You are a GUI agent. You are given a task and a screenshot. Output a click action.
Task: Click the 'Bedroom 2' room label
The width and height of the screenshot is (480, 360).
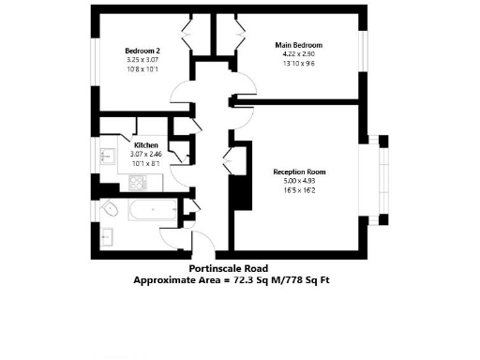pyautogui.click(x=142, y=52)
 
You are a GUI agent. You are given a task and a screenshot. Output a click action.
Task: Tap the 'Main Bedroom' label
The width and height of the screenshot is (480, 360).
pyautogui.click(x=298, y=45)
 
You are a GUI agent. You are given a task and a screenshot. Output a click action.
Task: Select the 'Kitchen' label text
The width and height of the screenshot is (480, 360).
pyautogui.click(x=145, y=145)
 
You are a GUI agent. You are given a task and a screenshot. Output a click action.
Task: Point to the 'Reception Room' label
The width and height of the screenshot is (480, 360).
pyautogui.click(x=299, y=172)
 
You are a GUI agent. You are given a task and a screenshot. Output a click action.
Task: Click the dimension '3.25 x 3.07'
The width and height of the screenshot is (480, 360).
pyautogui.click(x=142, y=61)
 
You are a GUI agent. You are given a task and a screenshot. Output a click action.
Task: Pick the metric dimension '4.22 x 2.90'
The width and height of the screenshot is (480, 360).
pyautogui.click(x=298, y=54)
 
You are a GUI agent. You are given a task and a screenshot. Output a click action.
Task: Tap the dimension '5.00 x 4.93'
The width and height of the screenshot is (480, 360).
pyautogui.click(x=299, y=181)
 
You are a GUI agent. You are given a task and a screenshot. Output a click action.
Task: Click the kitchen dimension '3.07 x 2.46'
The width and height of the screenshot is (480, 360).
pyautogui.click(x=145, y=154)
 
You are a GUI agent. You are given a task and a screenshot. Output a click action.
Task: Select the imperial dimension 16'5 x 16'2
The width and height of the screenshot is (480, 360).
pyautogui.click(x=299, y=190)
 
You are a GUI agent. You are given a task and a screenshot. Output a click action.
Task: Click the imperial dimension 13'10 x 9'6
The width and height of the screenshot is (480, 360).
pyautogui.click(x=298, y=64)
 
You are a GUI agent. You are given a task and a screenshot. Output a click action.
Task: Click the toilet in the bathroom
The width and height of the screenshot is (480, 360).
pyautogui.click(x=110, y=209)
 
